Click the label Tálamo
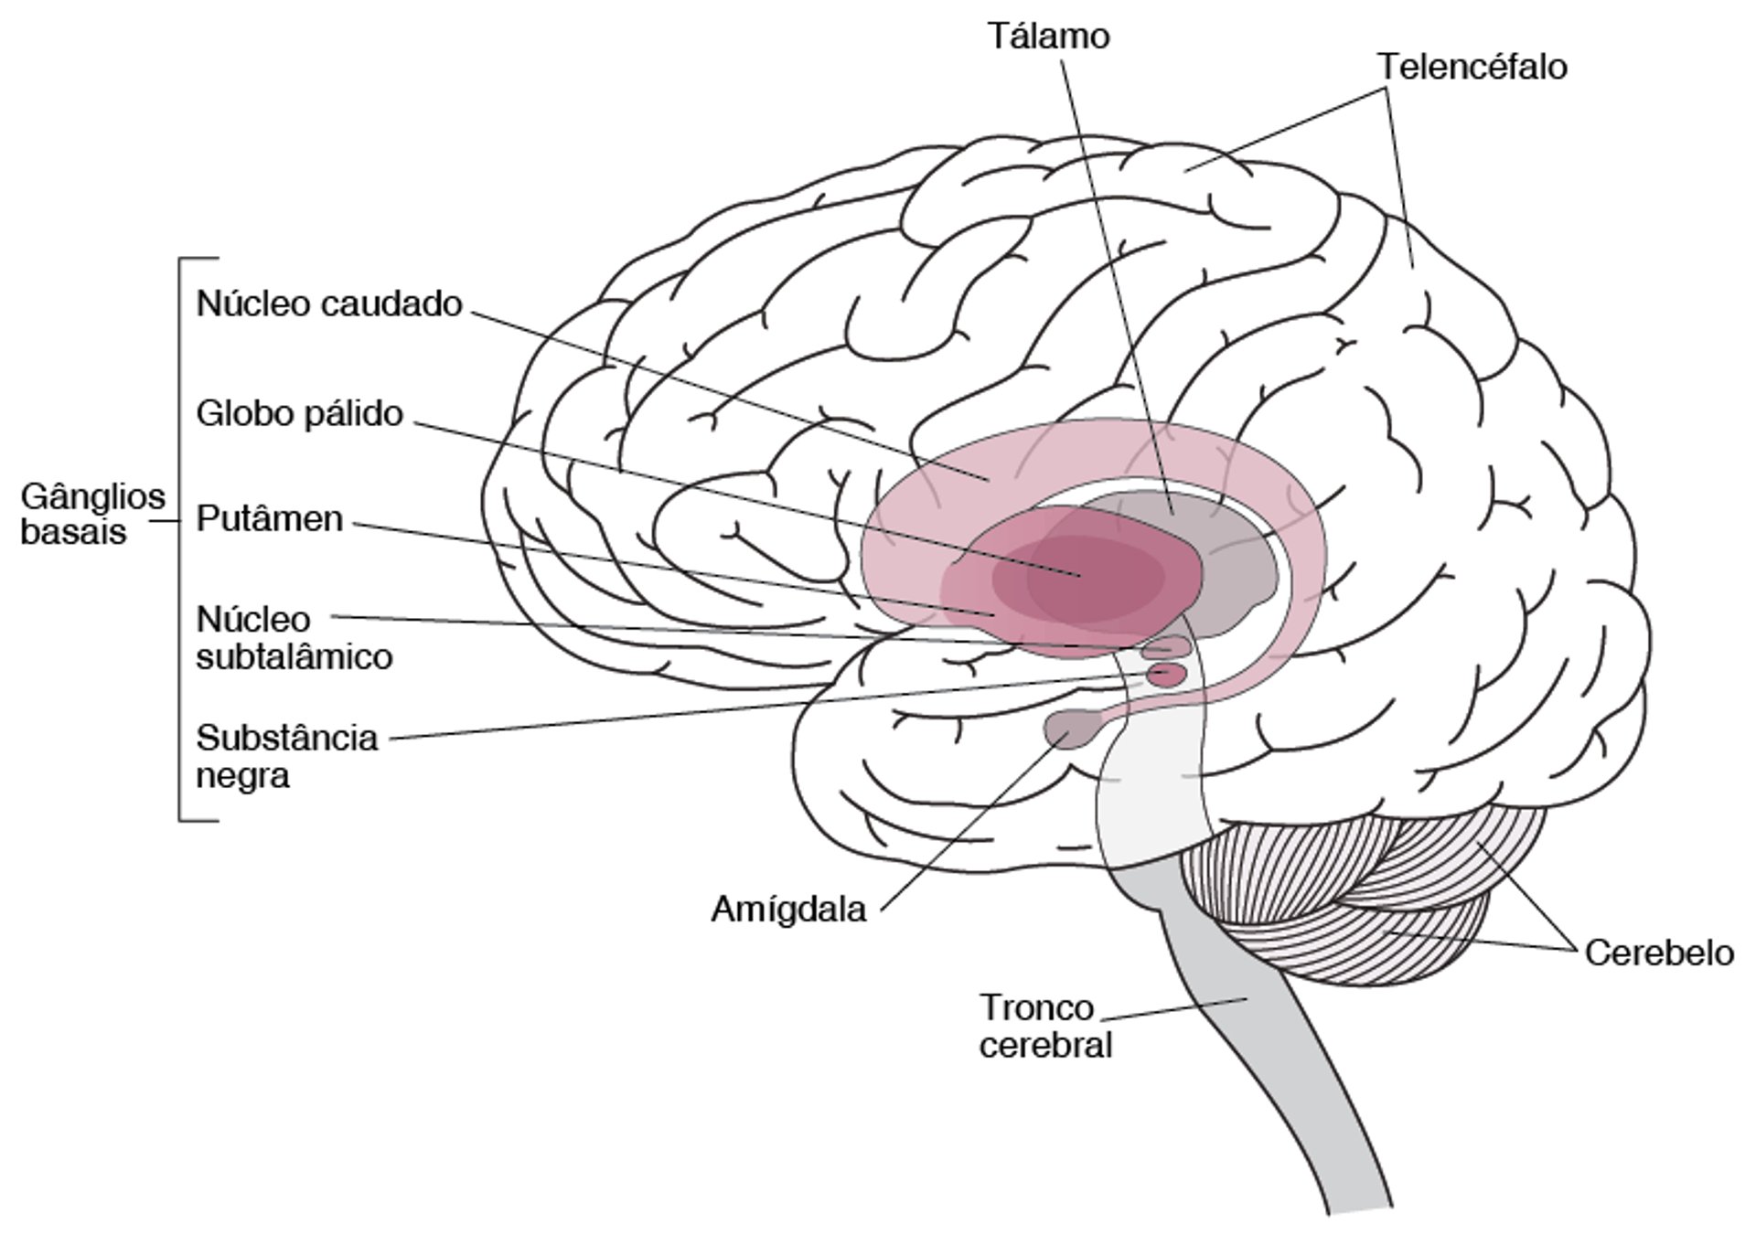click(x=1048, y=37)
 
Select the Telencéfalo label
click(x=1472, y=67)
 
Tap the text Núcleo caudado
click(x=329, y=303)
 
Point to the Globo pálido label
click(x=299, y=414)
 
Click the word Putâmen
click(x=270, y=519)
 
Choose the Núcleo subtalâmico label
click(x=294, y=638)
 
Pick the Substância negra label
click(x=286, y=756)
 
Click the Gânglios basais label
click(x=92, y=514)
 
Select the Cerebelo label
click(x=1658, y=953)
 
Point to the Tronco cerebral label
click(x=1044, y=1026)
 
